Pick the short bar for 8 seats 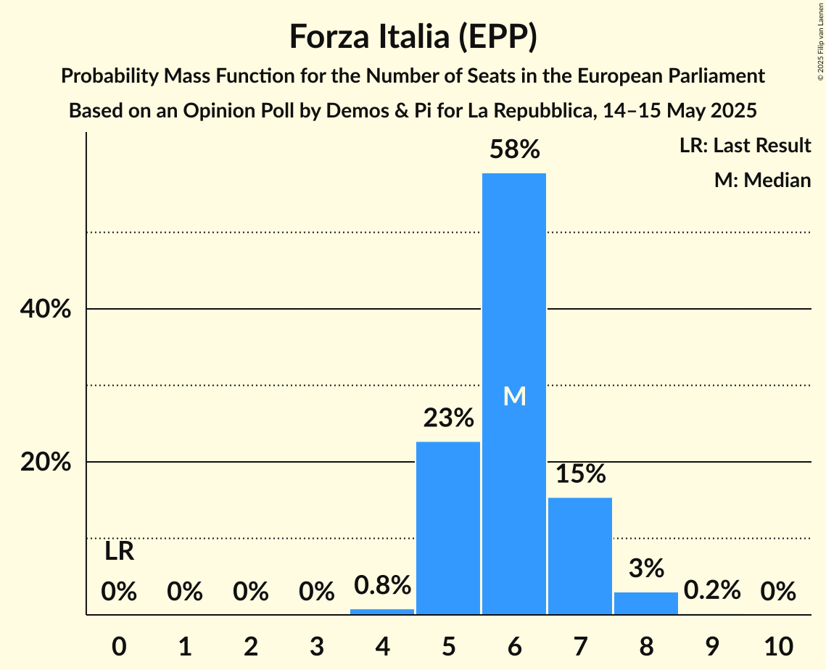tap(646, 603)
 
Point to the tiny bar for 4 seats tap(382, 611)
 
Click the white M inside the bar tap(514, 396)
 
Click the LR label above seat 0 tap(119, 552)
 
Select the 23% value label tap(448, 418)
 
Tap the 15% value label tap(580, 473)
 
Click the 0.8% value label tap(382, 584)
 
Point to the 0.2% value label tap(712, 590)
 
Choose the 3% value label tap(646, 568)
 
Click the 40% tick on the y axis tap(45, 310)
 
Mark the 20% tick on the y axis tap(45, 463)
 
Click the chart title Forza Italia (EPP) tap(413, 37)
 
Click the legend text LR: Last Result tap(745, 146)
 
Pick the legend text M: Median tap(762, 180)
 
